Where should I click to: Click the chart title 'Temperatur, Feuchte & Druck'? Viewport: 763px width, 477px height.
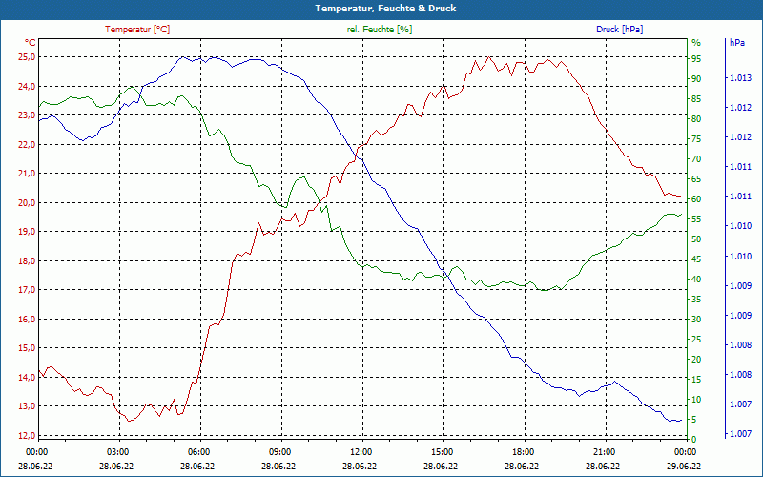pos(381,9)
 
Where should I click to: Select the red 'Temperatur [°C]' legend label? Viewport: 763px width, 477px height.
pos(137,30)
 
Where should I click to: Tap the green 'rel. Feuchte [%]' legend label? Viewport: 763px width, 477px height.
pos(380,30)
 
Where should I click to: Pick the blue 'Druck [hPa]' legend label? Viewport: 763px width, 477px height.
pos(619,30)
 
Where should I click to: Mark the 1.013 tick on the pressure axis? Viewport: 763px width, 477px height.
pos(740,78)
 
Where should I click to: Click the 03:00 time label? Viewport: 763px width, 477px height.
pos(118,451)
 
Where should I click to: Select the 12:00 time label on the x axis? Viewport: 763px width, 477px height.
pos(361,451)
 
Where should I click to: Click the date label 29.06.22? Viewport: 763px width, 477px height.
pos(684,467)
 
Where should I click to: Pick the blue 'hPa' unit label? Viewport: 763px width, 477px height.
pos(737,43)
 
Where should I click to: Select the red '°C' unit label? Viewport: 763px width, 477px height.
pos(31,43)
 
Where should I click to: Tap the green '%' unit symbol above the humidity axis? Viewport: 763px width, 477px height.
pos(696,43)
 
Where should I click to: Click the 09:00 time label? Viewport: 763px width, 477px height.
pos(280,451)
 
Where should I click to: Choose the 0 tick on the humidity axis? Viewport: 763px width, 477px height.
pos(693,439)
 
